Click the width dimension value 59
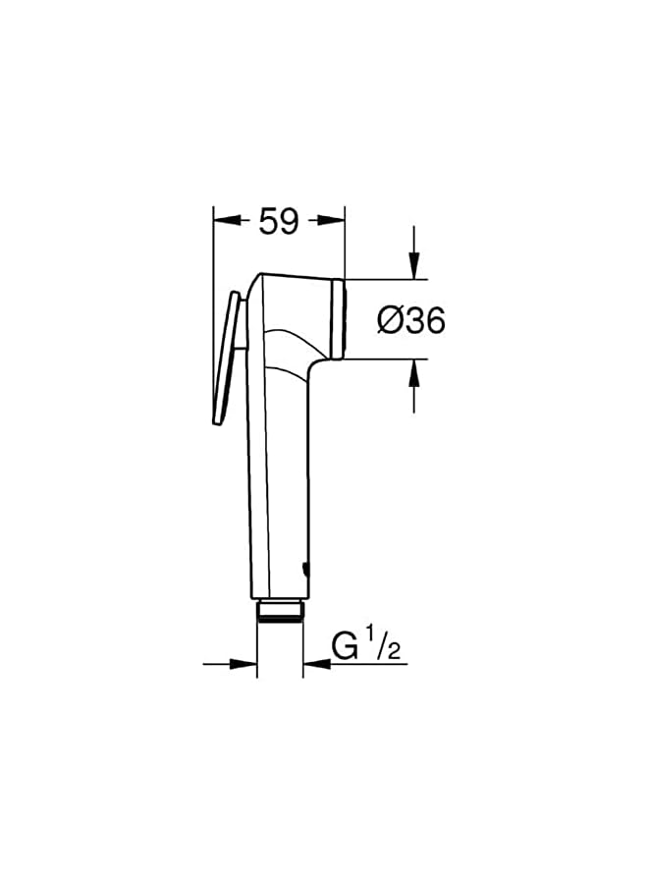(279, 222)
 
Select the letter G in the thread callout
(344, 648)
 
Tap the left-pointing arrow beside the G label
(313, 664)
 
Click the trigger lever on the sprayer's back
(227, 359)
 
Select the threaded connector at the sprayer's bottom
(280, 612)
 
